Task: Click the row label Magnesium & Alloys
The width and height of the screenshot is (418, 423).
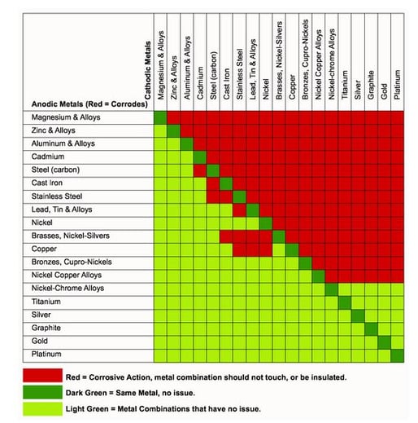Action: click(x=66, y=117)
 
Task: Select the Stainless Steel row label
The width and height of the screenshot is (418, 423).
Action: click(x=57, y=196)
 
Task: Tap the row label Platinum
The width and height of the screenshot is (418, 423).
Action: click(x=46, y=354)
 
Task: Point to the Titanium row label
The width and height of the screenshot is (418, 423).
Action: click(x=46, y=302)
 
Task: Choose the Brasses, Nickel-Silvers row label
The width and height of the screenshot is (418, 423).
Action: click(x=71, y=236)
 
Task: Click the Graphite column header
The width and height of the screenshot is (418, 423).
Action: click(x=371, y=85)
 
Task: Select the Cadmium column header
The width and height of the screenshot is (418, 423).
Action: click(x=200, y=83)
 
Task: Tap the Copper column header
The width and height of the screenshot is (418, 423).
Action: click(x=292, y=87)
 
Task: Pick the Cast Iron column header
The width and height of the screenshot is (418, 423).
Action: click(x=226, y=84)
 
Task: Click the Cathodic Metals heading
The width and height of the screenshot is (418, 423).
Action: click(x=147, y=70)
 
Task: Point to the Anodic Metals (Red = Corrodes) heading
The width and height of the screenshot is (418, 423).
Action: click(x=89, y=104)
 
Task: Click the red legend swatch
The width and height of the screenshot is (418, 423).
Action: click(x=42, y=375)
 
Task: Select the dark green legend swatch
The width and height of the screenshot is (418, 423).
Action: click(x=42, y=392)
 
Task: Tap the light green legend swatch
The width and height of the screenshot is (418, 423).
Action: click(x=42, y=408)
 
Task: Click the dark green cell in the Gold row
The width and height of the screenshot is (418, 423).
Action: click(x=384, y=342)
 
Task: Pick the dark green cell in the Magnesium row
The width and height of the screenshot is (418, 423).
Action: click(x=160, y=117)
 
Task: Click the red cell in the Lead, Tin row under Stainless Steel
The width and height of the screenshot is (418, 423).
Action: click(x=239, y=210)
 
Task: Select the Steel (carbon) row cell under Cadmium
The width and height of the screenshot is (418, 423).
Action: click(x=200, y=170)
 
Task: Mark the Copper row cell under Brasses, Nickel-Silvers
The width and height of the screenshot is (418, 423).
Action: click(x=279, y=249)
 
